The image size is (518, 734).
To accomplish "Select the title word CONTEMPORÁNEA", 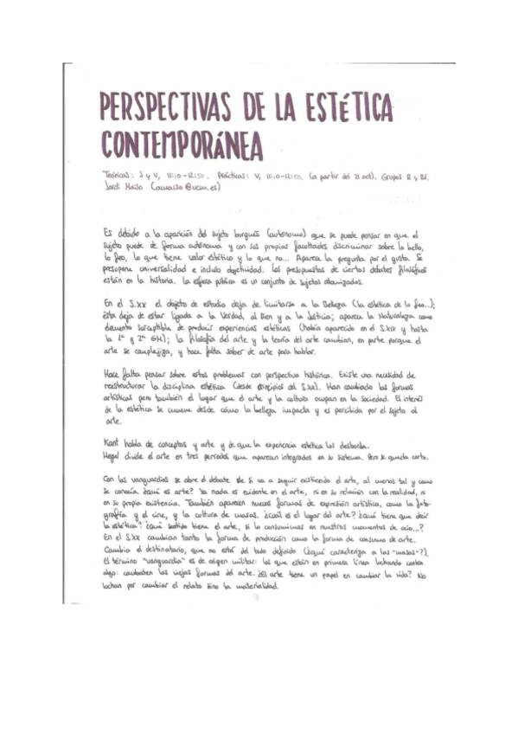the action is [182, 145].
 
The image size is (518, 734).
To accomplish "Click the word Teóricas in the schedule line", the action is [118, 175].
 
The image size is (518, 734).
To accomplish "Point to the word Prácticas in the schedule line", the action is [237, 175].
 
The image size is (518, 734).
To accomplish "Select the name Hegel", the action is [112, 450].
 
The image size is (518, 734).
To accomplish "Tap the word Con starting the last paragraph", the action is [109, 479].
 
